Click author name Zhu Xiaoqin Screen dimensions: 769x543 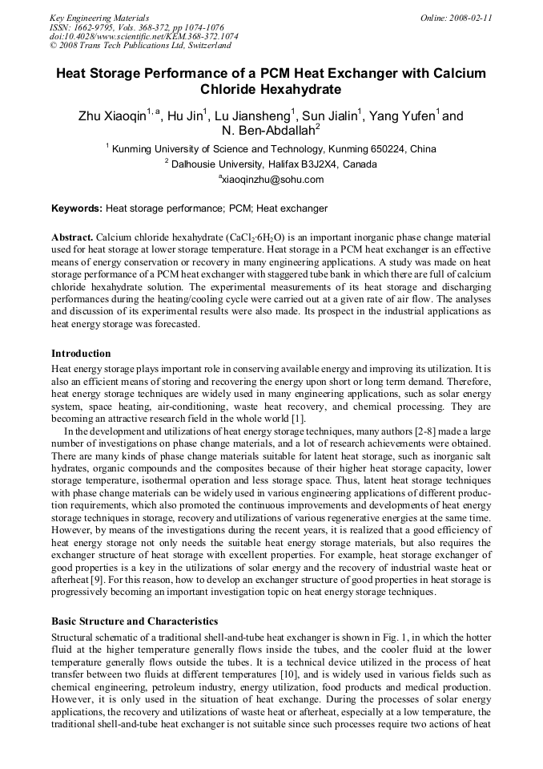click(x=112, y=116)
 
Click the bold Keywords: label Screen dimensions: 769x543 click(x=77, y=208)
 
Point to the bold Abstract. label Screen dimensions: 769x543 click(x=72, y=239)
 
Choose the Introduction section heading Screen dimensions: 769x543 click(x=81, y=354)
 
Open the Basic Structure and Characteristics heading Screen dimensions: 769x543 click(x=135, y=621)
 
